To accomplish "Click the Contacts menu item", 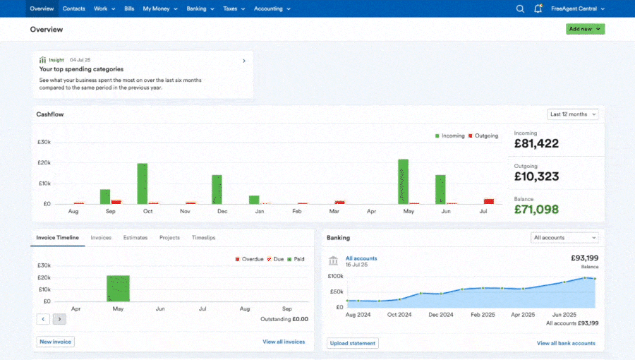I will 74,8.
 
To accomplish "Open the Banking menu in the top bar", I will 200,8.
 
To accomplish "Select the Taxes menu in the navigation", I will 234,8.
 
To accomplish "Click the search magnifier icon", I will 520,8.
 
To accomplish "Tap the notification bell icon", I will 538,8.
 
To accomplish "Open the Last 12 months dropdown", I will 572,114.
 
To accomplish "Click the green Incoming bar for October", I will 143,184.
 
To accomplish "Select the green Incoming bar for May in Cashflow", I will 403,181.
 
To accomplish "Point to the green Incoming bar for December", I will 217,189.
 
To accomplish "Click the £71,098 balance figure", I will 536,209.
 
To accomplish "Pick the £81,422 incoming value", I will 536,143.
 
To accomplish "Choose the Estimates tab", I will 135,238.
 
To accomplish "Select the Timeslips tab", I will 203,238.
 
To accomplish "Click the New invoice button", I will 55,342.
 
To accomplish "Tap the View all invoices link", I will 284,342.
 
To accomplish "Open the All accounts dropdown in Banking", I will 564,238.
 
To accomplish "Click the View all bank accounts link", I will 565,343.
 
